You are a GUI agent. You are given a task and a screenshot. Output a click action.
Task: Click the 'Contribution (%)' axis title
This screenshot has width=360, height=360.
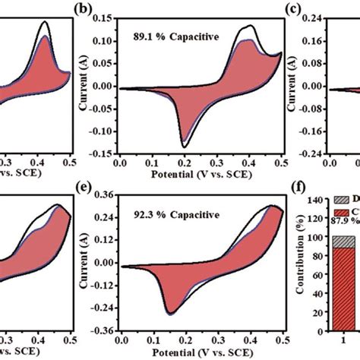[301, 262]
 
